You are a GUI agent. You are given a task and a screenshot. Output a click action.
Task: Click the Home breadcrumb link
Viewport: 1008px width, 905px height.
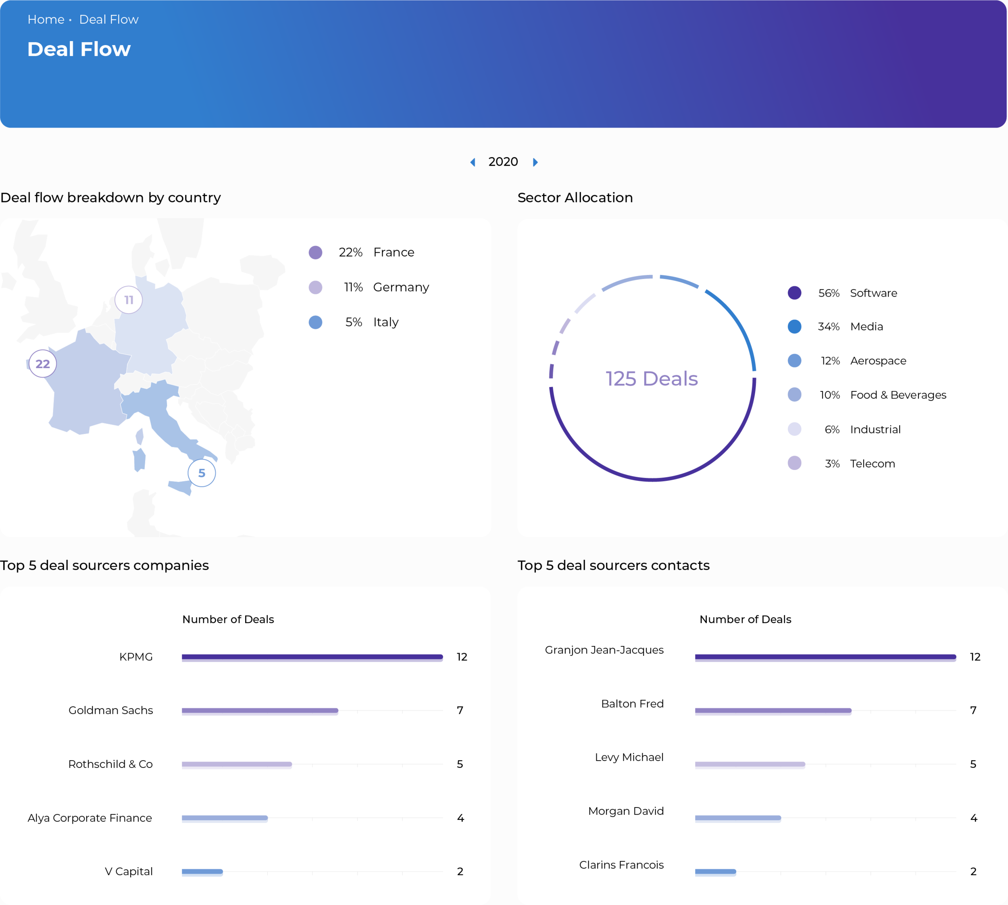pyautogui.click(x=46, y=19)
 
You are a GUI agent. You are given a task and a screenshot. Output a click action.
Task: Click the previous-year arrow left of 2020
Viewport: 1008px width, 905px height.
pyautogui.click(x=473, y=162)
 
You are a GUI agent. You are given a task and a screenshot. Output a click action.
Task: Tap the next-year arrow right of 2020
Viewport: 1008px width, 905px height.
pyautogui.click(x=535, y=162)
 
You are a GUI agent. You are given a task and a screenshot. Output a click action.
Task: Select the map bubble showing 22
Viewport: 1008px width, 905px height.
pyautogui.click(x=43, y=364)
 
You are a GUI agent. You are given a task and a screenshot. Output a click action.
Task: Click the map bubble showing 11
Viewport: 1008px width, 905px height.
pyautogui.click(x=129, y=300)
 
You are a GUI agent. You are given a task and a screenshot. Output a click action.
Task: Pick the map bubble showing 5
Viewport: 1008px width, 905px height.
pyautogui.click(x=202, y=473)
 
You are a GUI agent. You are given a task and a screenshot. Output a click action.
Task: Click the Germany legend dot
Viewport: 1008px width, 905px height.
pyautogui.click(x=315, y=287)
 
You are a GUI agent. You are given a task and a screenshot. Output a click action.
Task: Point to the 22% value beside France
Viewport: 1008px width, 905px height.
pyautogui.click(x=351, y=253)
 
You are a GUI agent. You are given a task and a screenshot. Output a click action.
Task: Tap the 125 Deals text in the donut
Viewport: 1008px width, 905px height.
pyautogui.click(x=652, y=379)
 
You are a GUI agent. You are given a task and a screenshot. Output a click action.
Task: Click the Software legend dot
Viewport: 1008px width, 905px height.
pyautogui.click(x=795, y=293)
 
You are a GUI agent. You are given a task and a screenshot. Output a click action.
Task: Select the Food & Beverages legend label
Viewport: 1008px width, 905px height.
pyautogui.click(x=898, y=395)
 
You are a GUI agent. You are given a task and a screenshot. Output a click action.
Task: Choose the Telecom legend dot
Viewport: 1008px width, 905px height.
pyautogui.click(x=795, y=464)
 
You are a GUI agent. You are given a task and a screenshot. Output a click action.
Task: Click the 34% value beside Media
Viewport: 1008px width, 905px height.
pyautogui.click(x=829, y=327)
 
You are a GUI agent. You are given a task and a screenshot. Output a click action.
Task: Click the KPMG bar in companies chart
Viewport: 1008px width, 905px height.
pyautogui.click(x=312, y=657)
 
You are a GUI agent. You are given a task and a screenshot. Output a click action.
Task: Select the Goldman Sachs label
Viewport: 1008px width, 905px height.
pyautogui.click(x=111, y=710)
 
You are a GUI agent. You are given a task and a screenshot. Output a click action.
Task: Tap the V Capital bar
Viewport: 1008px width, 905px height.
pyautogui.click(x=202, y=872)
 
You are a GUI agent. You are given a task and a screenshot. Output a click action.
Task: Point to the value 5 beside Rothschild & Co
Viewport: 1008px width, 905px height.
pyautogui.click(x=460, y=764)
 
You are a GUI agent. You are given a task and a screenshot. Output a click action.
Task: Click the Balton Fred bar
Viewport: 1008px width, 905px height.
pyautogui.click(x=773, y=711)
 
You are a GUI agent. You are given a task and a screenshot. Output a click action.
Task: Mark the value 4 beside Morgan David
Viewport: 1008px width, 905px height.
pyautogui.click(x=974, y=818)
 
